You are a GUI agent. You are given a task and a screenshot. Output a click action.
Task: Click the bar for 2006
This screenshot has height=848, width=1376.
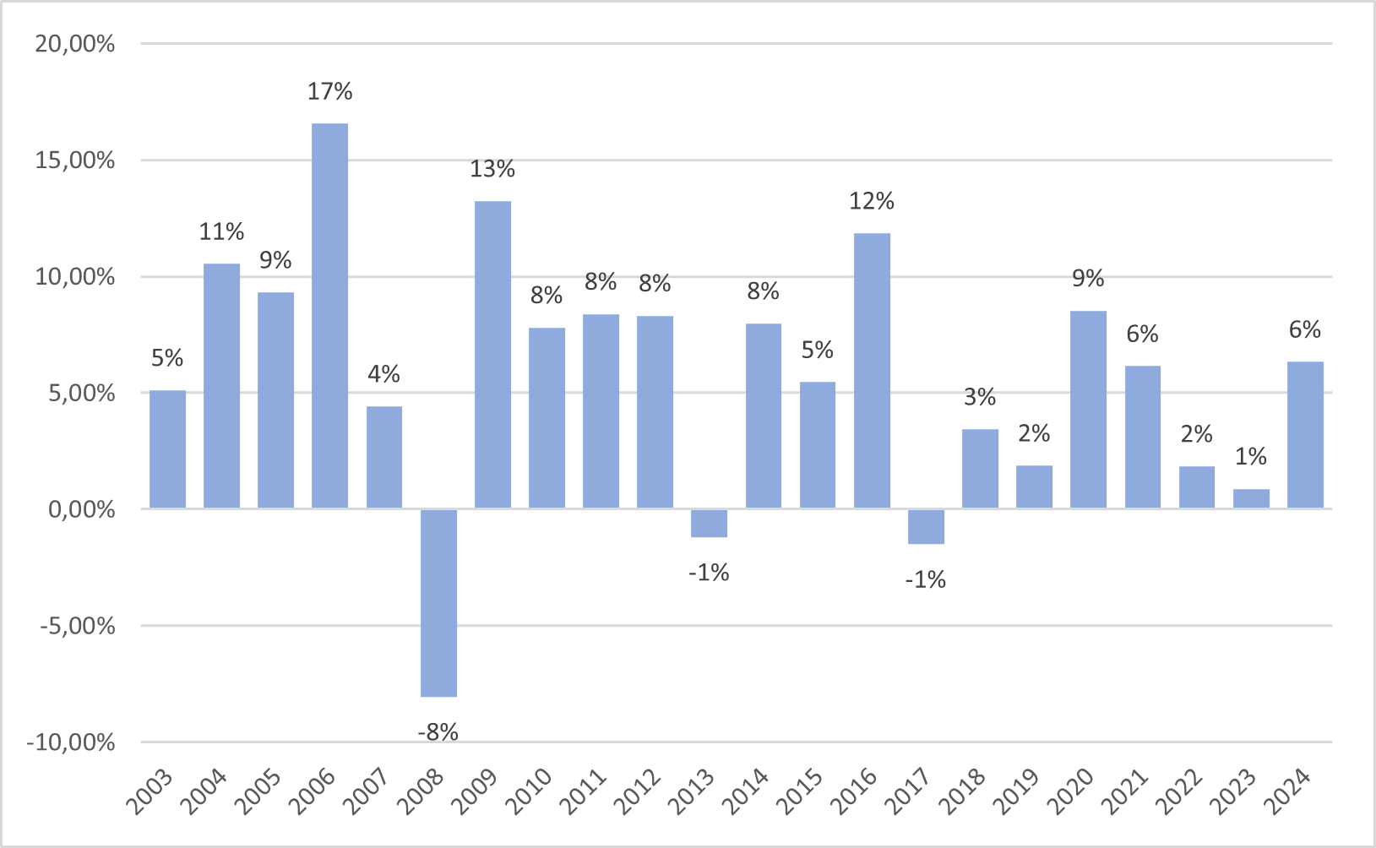click(x=329, y=316)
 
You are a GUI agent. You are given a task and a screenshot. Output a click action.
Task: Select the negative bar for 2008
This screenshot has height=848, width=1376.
click(x=438, y=602)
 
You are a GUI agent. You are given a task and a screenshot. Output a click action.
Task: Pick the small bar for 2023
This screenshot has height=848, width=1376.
click(x=1251, y=498)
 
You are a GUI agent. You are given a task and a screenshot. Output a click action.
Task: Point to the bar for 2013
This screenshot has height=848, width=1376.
click(x=709, y=523)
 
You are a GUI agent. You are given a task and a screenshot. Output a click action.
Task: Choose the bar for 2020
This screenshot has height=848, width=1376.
click(x=1088, y=410)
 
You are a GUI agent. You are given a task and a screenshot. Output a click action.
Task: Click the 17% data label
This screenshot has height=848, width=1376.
click(x=329, y=91)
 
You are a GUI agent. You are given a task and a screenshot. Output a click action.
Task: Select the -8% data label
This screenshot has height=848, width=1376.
click(x=438, y=731)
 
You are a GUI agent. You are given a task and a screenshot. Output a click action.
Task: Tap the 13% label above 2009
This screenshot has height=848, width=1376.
click(x=492, y=169)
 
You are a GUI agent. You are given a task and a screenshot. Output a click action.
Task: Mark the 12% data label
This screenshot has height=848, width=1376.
click(x=872, y=201)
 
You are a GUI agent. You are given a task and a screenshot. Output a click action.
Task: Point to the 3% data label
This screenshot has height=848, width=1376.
click(x=980, y=397)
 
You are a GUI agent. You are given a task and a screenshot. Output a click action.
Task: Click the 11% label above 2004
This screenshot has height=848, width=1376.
click(x=221, y=231)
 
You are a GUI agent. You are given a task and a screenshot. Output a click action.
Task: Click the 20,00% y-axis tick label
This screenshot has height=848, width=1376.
click(x=75, y=44)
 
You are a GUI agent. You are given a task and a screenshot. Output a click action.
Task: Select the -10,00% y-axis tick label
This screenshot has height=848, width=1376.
click(x=71, y=742)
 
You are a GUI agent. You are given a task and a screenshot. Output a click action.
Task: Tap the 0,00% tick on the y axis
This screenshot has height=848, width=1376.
click(x=82, y=509)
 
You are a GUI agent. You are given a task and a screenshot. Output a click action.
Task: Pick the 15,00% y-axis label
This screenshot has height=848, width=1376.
click(x=75, y=160)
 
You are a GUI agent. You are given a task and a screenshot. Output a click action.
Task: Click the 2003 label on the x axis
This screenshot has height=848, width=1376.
click(x=153, y=791)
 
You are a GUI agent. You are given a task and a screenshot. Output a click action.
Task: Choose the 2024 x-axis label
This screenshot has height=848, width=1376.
click(x=1290, y=791)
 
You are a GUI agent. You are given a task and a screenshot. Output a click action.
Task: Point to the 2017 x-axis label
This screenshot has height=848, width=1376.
click(x=911, y=791)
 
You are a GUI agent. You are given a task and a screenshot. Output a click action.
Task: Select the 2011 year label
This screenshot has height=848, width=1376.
click(x=586, y=791)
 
